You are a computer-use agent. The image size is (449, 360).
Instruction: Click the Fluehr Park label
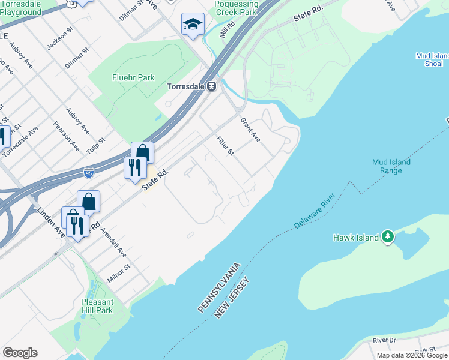coord(133,77)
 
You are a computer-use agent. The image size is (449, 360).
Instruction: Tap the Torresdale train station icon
coord(212,86)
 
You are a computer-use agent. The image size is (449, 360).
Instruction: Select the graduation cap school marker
coord(193,24)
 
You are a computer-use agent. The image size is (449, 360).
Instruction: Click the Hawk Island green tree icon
coord(388,237)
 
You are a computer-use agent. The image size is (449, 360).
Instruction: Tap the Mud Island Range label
coord(391,166)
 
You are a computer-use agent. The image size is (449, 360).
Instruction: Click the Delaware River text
coord(314,211)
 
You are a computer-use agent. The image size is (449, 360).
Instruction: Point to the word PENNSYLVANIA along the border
coord(220,287)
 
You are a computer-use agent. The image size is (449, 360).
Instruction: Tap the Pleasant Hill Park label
coord(97,306)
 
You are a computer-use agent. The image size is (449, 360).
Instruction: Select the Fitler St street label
coord(225,146)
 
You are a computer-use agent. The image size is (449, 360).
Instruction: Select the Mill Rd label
coord(226,29)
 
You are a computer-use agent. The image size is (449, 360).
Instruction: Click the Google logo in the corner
coord(20,353)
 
